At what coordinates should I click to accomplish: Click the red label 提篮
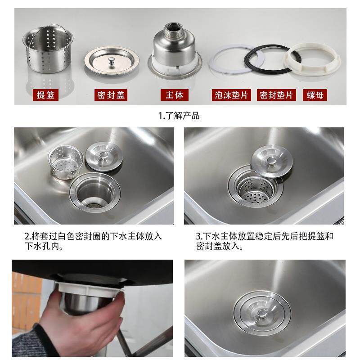pos(47,95)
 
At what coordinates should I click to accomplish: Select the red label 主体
pos(174,95)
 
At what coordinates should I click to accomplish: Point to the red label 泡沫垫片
pos(231,95)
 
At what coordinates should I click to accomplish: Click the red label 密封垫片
pos(276,95)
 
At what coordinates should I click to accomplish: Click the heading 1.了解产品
pos(179,116)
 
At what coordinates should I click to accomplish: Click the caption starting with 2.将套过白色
pos(93,241)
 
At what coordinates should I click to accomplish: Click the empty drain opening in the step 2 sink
pos(95,191)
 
